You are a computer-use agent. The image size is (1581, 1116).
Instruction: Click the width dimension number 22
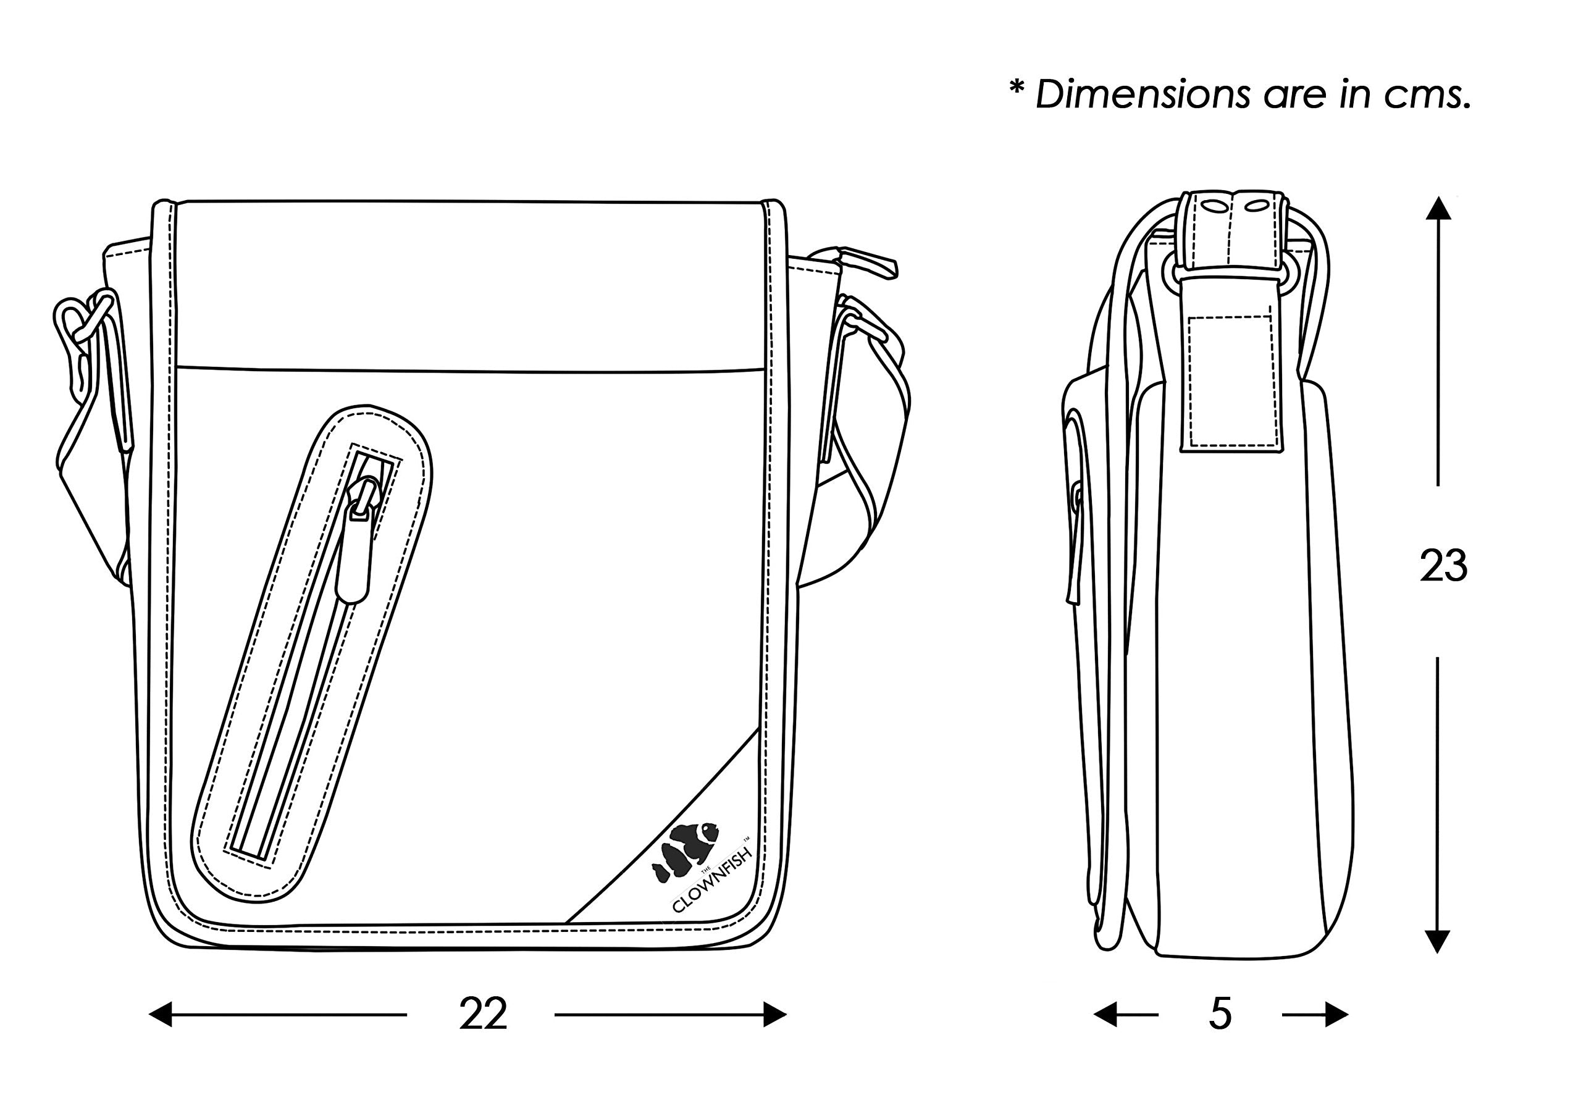[x=483, y=1014]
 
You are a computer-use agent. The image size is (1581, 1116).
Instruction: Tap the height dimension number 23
[x=1443, y=566]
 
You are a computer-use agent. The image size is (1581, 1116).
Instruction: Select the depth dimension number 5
[x=1220, y=1014]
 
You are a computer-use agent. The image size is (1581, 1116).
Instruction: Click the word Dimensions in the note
[x=1143, y=94]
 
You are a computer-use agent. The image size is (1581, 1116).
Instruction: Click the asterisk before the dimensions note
[x=1017, y=90]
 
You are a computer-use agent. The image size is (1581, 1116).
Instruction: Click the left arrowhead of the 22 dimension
[x=161, y=1014]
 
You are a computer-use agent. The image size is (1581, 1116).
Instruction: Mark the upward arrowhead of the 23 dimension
[x=1438, y=209]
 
